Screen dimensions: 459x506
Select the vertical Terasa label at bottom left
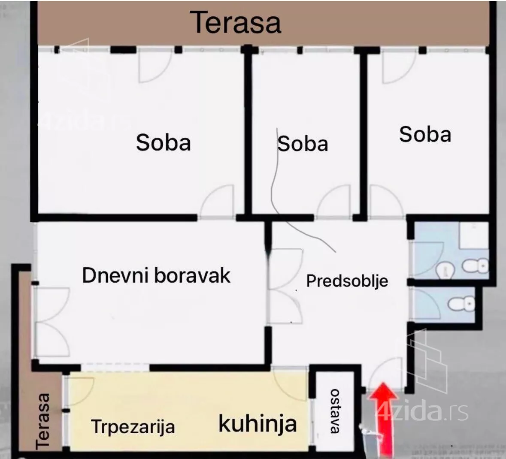coord(43,421)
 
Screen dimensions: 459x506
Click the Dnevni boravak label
coord(156,275)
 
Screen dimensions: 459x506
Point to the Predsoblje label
coord(347,281)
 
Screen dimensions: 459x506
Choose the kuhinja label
coord(258,423)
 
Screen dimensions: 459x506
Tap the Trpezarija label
coord(133,427)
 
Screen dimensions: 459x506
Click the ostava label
coord(335,411)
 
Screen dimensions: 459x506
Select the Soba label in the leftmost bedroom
coord(163,142)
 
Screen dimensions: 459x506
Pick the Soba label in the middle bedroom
coord(303,144)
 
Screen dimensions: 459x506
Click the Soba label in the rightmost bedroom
coord(425,134)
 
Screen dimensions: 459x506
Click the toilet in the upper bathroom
coord(476,266)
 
